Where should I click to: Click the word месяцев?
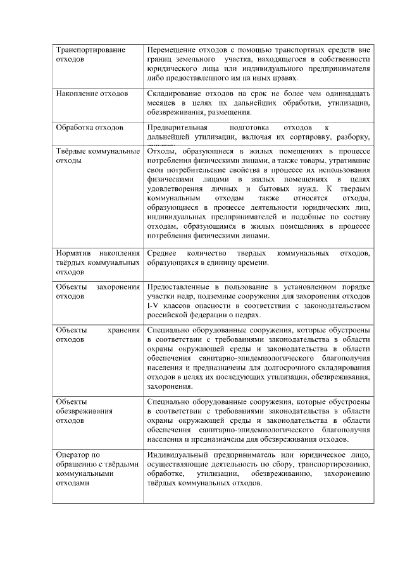(x=161, y=103)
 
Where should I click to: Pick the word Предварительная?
(x=177, y=127)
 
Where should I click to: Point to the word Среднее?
(x=161, y=253)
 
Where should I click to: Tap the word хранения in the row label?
(x=123, y=330)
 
